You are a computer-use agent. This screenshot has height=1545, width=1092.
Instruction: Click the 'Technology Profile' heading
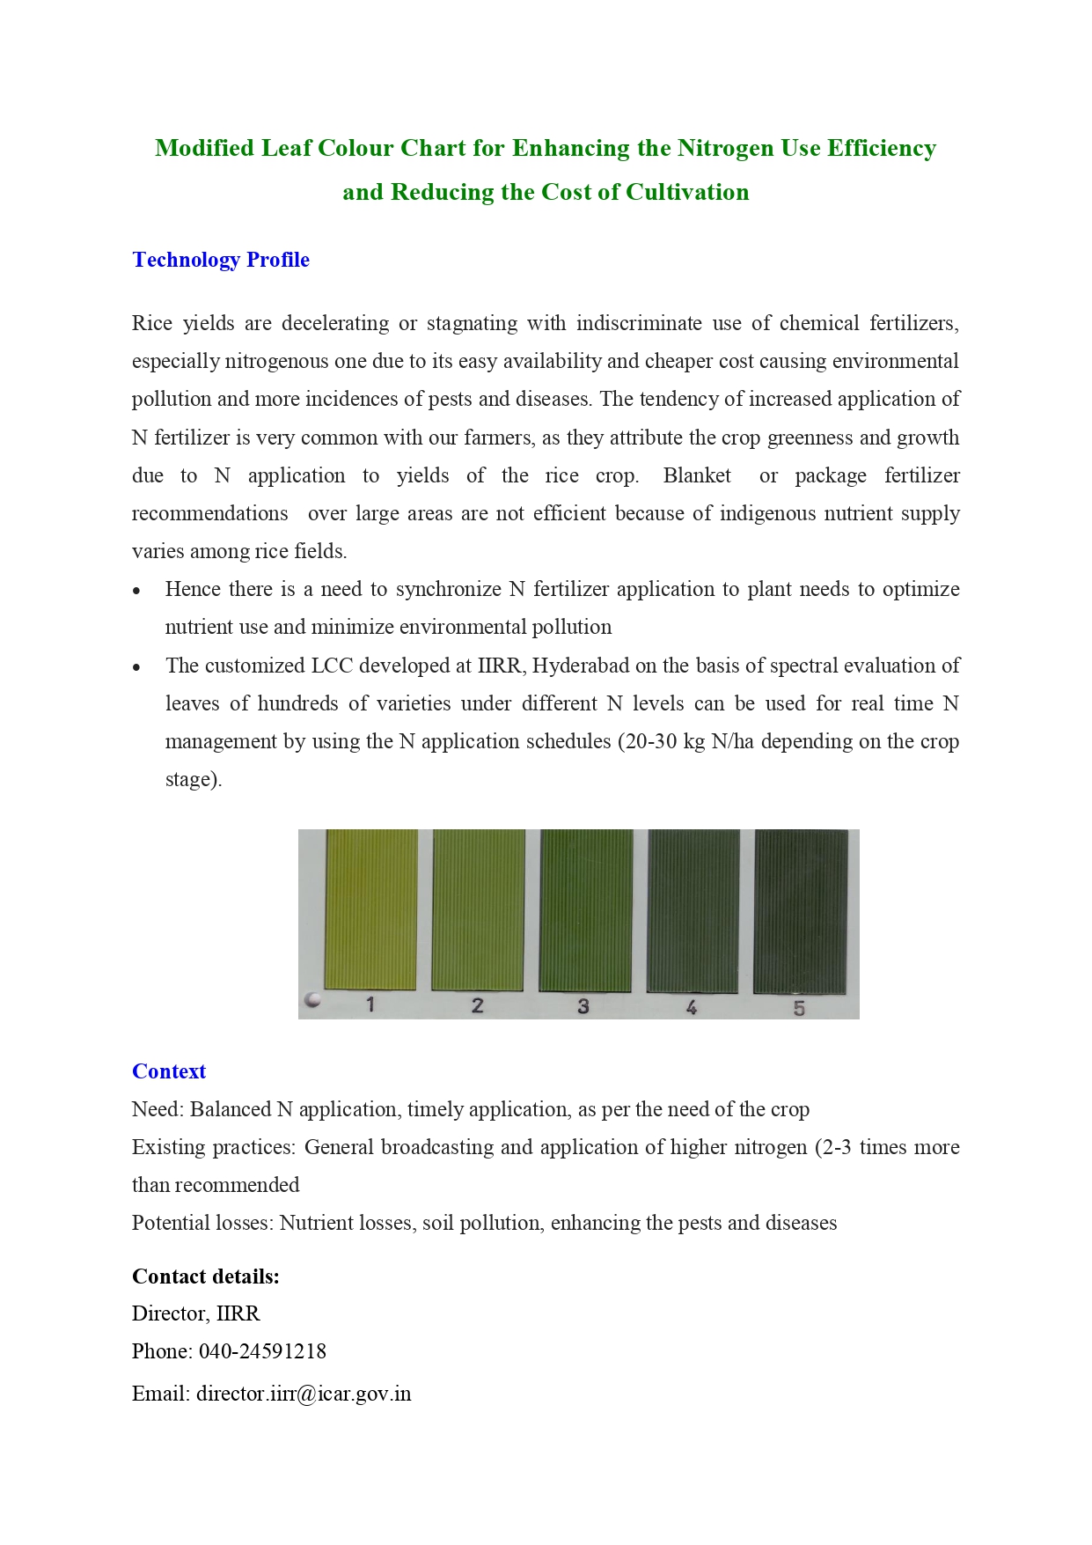point(220,260)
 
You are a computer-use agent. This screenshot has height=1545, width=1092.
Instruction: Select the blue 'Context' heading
point(168,1071)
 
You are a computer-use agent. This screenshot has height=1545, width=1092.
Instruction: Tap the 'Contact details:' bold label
point(205,1276)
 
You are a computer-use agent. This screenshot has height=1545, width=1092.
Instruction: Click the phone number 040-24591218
point(262,1351)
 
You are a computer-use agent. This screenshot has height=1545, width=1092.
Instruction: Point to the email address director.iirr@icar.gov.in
point(304,1394)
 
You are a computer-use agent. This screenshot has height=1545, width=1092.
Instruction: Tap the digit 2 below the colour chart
point(477,1005)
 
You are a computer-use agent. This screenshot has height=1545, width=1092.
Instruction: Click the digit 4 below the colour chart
point(692,1007)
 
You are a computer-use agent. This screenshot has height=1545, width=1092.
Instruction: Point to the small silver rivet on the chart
point(311,1000)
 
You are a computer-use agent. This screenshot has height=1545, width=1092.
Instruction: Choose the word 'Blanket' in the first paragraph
point(697,475)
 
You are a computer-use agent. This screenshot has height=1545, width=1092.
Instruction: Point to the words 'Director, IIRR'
point(195,1313)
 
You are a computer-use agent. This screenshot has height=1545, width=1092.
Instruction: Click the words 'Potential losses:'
point(202,1223)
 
